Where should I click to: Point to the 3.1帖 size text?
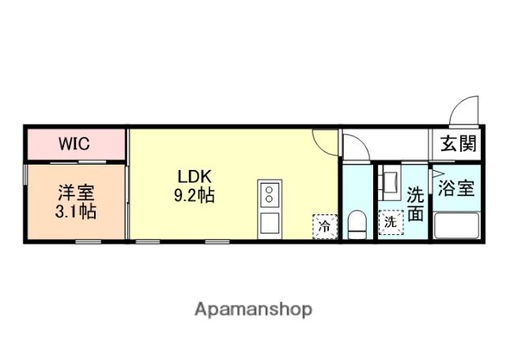click(76, 211)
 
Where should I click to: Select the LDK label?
click(192, 176)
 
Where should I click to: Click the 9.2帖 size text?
click(194, 195)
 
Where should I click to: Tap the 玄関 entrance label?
click(459, 144)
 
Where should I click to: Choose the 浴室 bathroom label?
click(457, 189)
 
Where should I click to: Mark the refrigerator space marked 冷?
click(324, 225)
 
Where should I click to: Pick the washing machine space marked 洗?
click(390, 222)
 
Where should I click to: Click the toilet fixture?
click(357, 224)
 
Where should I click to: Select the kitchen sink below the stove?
click(269, 222)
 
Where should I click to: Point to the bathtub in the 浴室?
click(457, 226)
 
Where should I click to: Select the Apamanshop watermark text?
click(253, 309)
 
